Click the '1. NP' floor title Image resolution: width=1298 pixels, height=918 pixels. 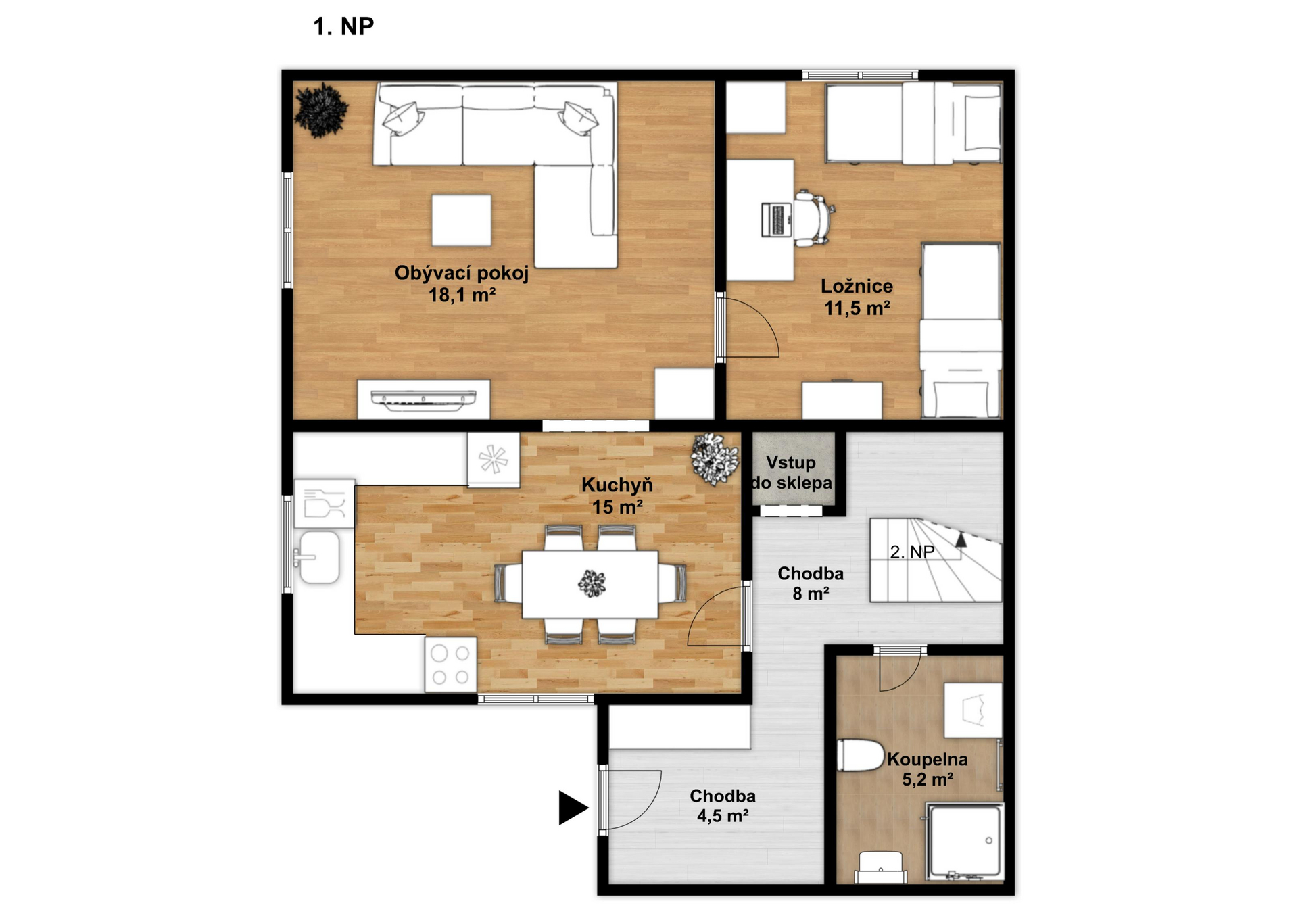343,26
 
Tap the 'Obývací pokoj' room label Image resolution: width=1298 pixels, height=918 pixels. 462,273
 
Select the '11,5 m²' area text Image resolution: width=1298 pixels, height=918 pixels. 857,308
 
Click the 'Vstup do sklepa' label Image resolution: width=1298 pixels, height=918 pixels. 791,473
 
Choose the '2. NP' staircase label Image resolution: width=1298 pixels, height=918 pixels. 912,552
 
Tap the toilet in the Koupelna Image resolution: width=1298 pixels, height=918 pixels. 860,755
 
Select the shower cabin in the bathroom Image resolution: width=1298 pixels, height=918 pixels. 965,842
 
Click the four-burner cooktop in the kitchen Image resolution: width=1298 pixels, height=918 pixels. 450,665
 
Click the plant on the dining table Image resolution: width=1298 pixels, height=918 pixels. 592,583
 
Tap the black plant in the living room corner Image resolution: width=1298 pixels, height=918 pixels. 321,110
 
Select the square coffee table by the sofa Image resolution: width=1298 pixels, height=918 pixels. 462,220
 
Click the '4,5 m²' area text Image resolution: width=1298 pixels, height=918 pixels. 723,816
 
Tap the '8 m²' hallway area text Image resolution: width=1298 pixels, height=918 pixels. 811,594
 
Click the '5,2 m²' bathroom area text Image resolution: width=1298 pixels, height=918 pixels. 928,779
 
